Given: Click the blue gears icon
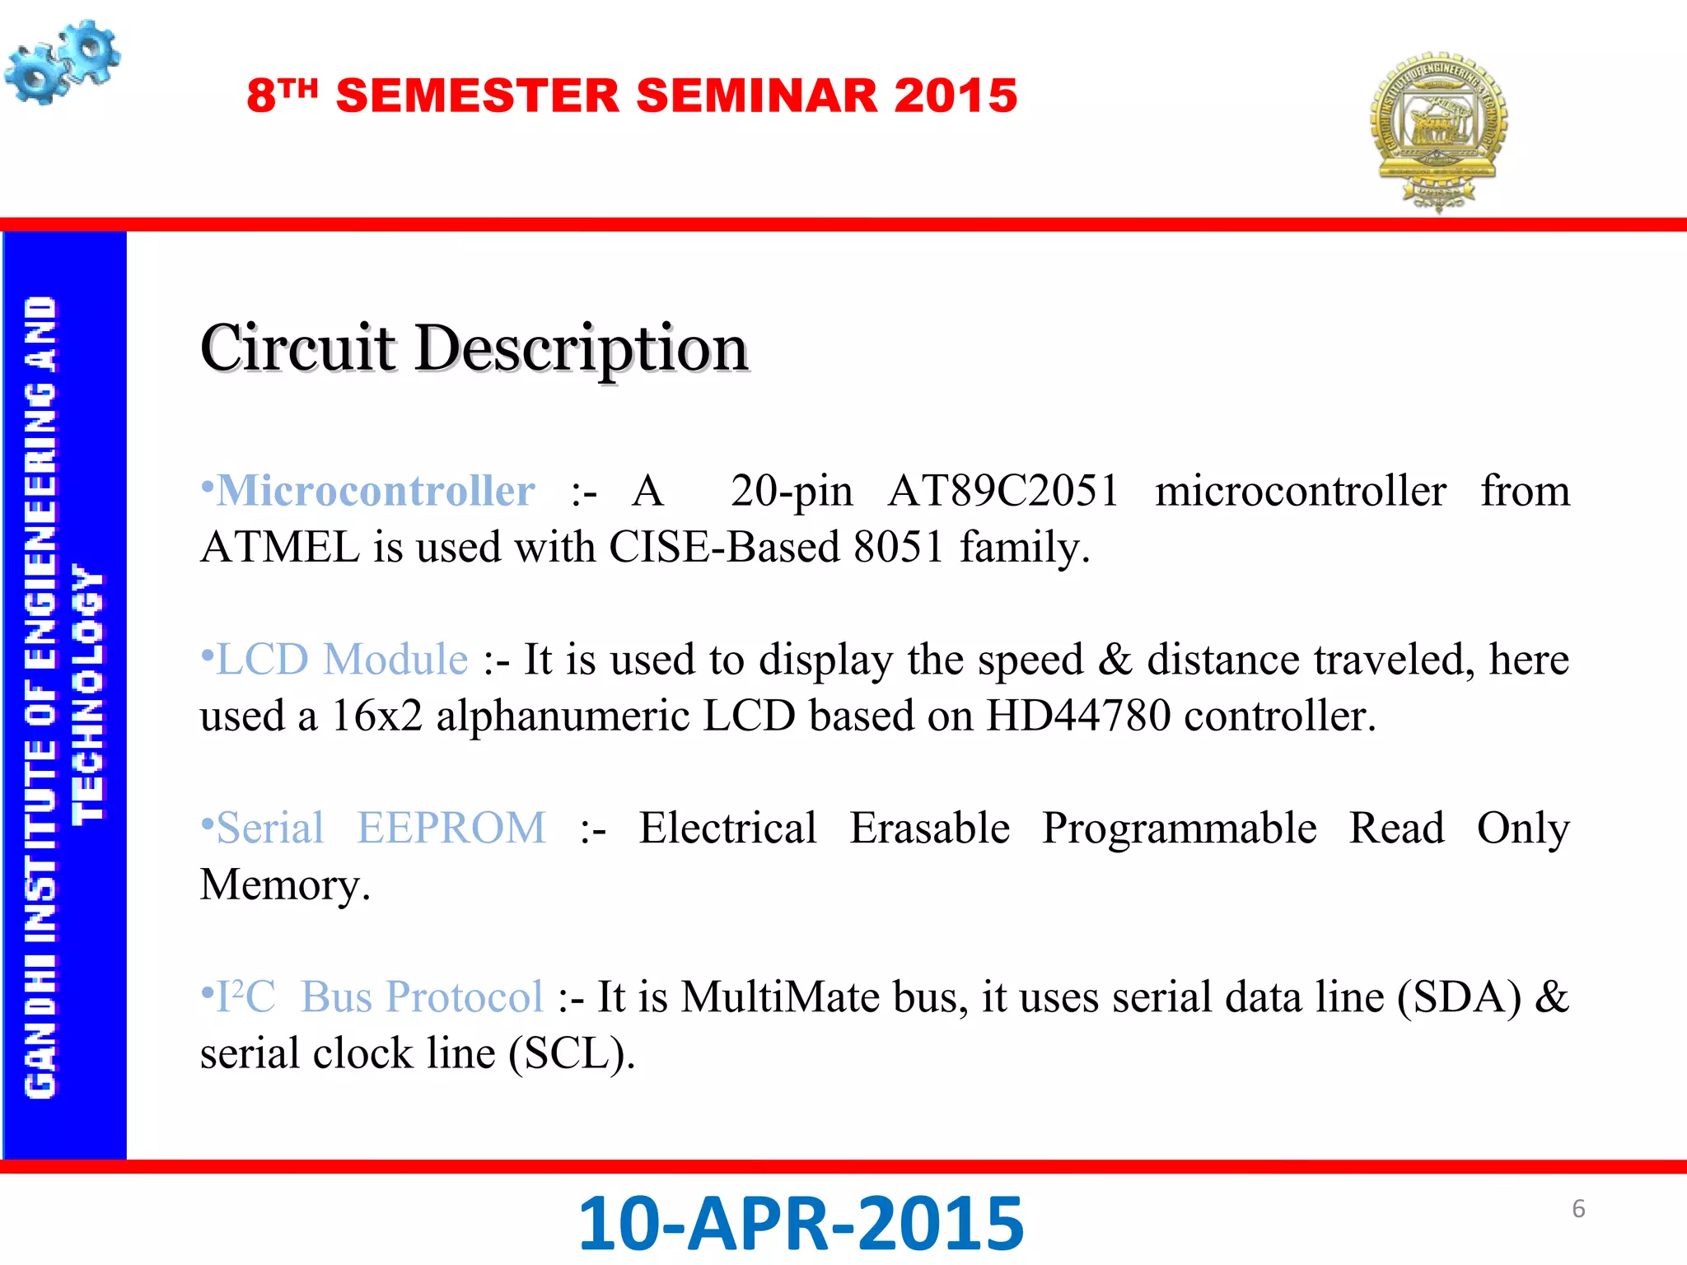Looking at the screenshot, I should [x=63, y=63].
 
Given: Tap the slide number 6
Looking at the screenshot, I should [x=1578, y=1208].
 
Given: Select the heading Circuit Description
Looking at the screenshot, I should [x=474, y=348].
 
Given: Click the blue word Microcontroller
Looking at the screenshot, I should [x=376, y=491].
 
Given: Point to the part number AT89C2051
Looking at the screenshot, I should [x=1002, y=491].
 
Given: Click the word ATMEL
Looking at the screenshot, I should [x=280, y=548].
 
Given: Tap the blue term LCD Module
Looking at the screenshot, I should [x=341, y=660].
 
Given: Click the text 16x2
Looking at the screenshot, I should [x=376, y=716].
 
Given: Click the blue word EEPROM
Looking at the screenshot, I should [x=451, y=829].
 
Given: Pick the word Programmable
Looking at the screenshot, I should [x=1179, y=829].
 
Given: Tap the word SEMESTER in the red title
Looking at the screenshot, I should [x=478, y=96].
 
